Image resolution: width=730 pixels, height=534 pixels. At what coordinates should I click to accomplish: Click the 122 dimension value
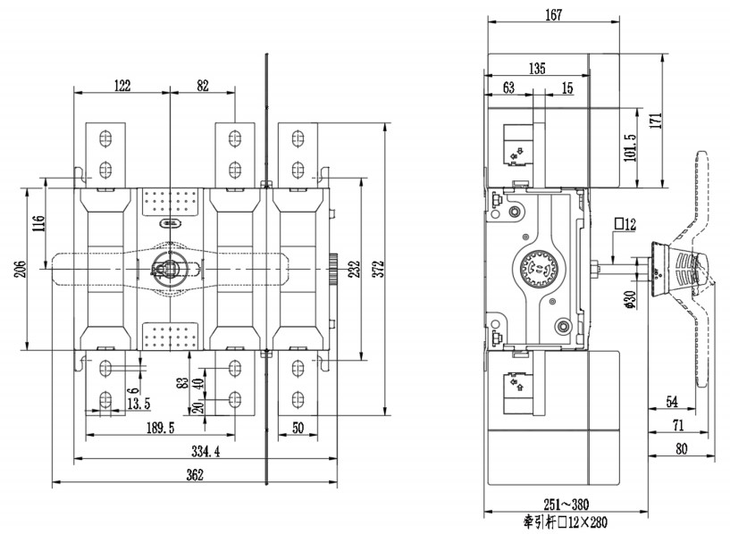coord(122,86)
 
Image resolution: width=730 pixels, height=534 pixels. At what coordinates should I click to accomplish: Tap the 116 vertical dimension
coord(38,223)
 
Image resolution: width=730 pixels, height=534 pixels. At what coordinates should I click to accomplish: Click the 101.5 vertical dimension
coord(630,148)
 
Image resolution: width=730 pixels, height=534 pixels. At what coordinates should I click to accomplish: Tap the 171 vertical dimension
coord(655,121)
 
